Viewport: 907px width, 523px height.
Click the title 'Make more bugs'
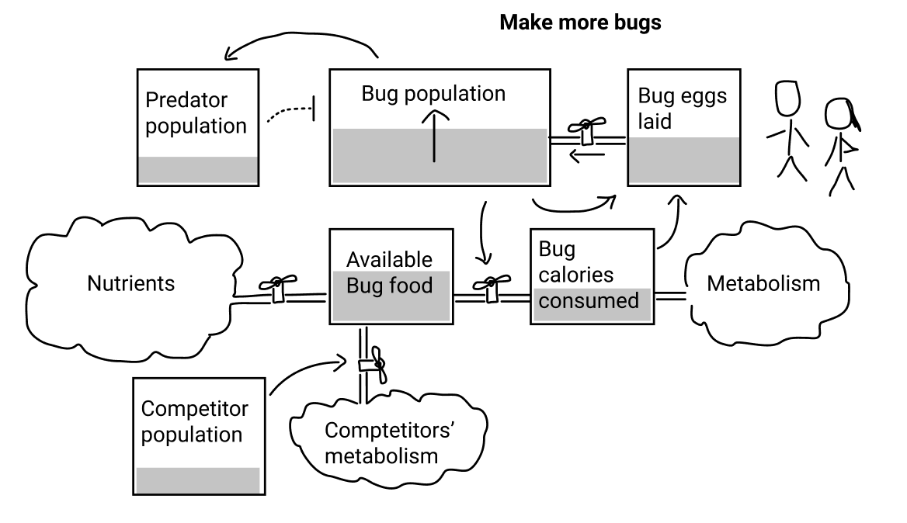coord(580,23)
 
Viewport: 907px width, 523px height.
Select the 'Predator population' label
coord(196,113)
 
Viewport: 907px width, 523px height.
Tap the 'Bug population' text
coord(433,94)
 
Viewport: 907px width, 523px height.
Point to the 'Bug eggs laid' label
coord(682,108)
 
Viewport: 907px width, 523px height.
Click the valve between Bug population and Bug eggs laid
coord(586,131)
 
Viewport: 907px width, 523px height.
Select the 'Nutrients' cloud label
coord(130,283)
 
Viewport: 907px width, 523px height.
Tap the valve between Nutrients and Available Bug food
coord(278,288)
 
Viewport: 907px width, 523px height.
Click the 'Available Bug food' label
coord(389,272)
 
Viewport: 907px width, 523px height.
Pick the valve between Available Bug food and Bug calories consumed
coord(492,288)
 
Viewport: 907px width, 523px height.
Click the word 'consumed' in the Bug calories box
coord(589,300)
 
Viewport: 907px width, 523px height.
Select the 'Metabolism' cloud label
coord(763,283)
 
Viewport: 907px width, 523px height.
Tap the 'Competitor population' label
coord(194,421)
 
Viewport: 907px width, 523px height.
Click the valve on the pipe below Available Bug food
coord(373,365)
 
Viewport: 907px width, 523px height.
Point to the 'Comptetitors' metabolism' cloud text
coord(389,442)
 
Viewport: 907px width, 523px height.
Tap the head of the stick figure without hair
coord(788,99)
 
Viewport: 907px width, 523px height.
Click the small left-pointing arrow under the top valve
coord(586,155)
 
